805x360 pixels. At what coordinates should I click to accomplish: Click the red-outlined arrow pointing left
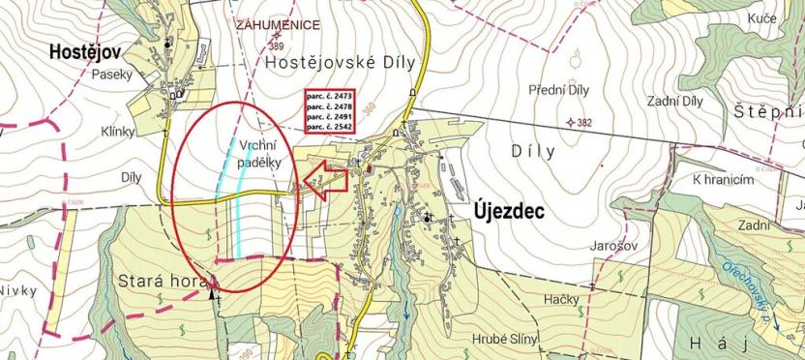[x=323, y=179]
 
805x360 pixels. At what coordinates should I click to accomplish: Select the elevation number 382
[x=584, y=123]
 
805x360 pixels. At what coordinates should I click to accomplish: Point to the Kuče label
[x=763, y=46]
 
